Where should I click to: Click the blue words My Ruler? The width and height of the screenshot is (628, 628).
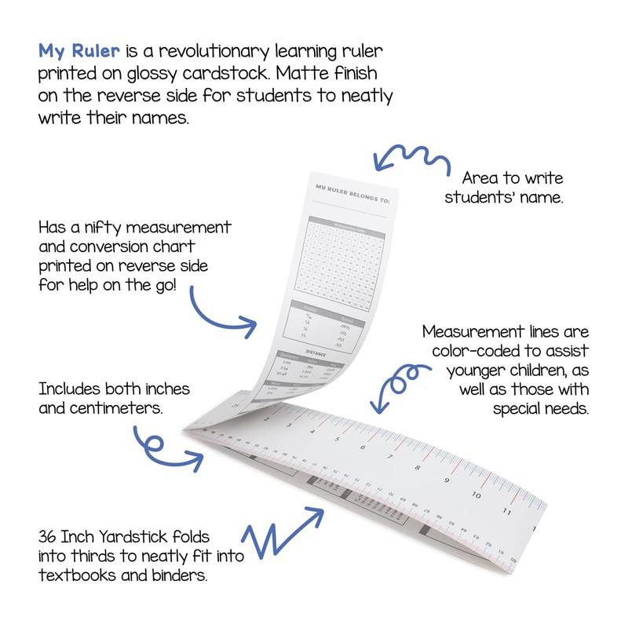coord(79,52)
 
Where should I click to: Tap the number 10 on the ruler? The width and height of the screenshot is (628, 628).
coord(476,495)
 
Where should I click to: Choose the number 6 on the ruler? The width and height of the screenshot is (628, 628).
coord(363,447)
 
